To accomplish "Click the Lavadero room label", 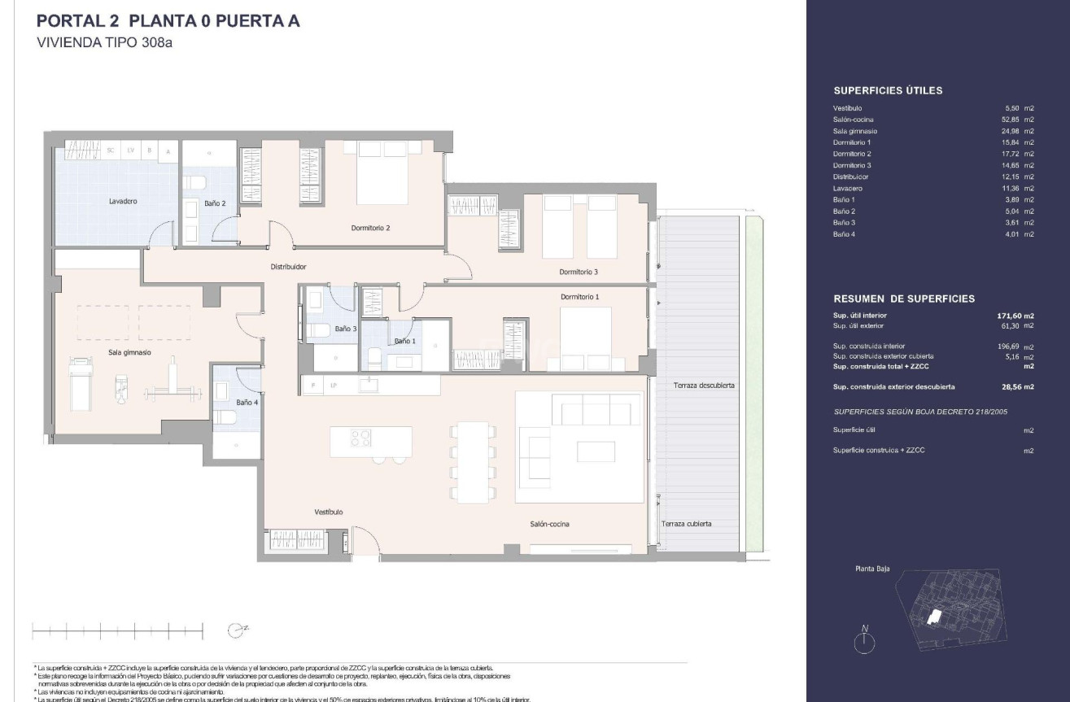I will tap(123, 201).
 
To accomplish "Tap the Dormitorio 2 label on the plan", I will tap(370, 228).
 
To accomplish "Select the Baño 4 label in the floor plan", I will tap(247, 402).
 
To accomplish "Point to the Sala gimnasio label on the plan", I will tap(130, 353).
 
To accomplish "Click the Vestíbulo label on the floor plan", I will tap(329, 512).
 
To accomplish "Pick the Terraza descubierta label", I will tap(705, 386).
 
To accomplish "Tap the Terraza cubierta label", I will tap(687, 524).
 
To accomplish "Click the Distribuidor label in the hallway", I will tap(288, 266).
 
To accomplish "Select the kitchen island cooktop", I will tap(361, 438).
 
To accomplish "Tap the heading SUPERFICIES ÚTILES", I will tap(888, 91).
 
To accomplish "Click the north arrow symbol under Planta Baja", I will tap(865, 639).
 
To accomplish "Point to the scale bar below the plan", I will tap(117, 630).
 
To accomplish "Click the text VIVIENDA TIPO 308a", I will tap(106, 43).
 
